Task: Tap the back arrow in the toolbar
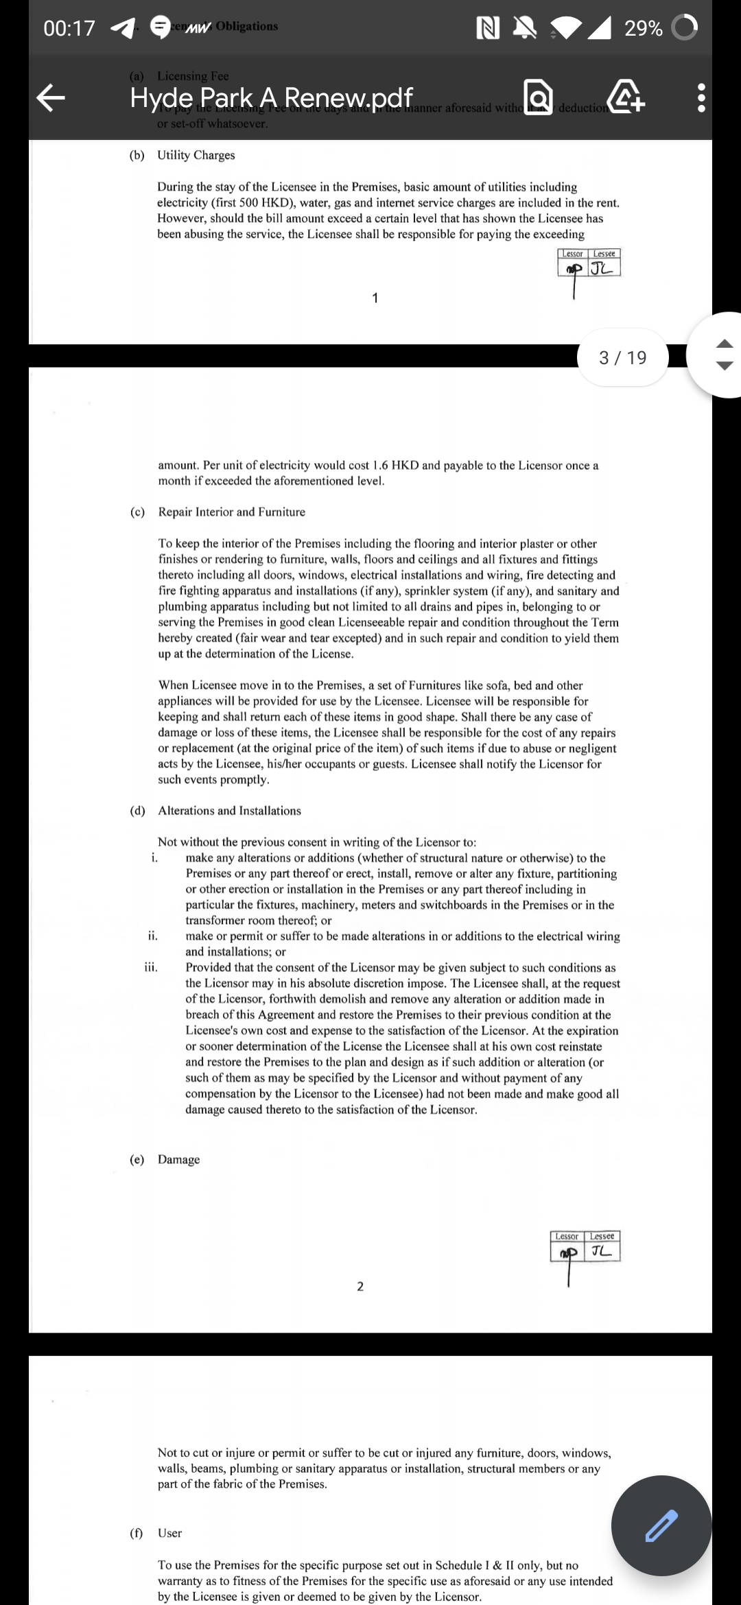pos(51,97)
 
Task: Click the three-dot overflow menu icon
pos(701,98)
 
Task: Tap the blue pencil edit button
pos(661,1525)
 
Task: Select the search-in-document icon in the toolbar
pos(538,97)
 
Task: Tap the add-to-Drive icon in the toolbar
pos(625,97)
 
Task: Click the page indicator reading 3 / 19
pos(623,357)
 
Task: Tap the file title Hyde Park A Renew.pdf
pos(272,98)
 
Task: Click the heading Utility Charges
pos(196,155)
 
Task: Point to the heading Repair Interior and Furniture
pos(232,512)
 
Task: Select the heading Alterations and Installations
pos(229,811)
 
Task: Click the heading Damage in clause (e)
pos(179,1159)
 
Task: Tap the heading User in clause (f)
pos(170,1533)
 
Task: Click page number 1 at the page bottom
pos(375,298)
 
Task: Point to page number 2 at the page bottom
pos(360,1286)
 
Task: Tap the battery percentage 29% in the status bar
pos(643,28)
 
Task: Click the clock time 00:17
pos(69,28)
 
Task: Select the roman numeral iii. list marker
pos(151,968)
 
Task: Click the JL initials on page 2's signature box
pos(602,1251)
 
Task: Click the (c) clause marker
pos(138,512)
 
